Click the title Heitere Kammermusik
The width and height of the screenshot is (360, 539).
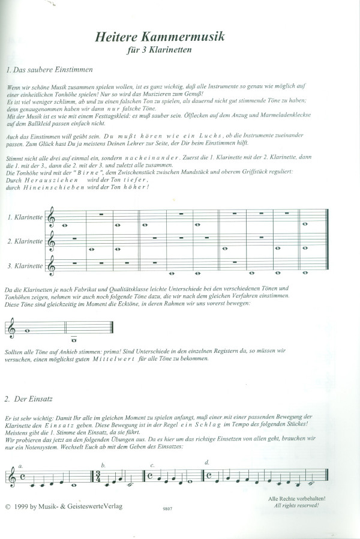coord(160,37)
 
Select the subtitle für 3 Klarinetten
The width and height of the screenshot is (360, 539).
coord(160,51)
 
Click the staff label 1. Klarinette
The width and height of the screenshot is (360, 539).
coord(25,217)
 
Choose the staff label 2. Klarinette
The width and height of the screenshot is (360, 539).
coord(25,241)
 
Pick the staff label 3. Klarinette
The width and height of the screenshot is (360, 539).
coord(25,265)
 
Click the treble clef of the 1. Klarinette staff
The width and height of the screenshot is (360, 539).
coord(53,217)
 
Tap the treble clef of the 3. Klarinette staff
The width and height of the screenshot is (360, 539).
coord(53,265)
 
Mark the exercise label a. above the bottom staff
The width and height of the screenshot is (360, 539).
coord(20,466)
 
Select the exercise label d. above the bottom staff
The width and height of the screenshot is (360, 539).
coord(207,462)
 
